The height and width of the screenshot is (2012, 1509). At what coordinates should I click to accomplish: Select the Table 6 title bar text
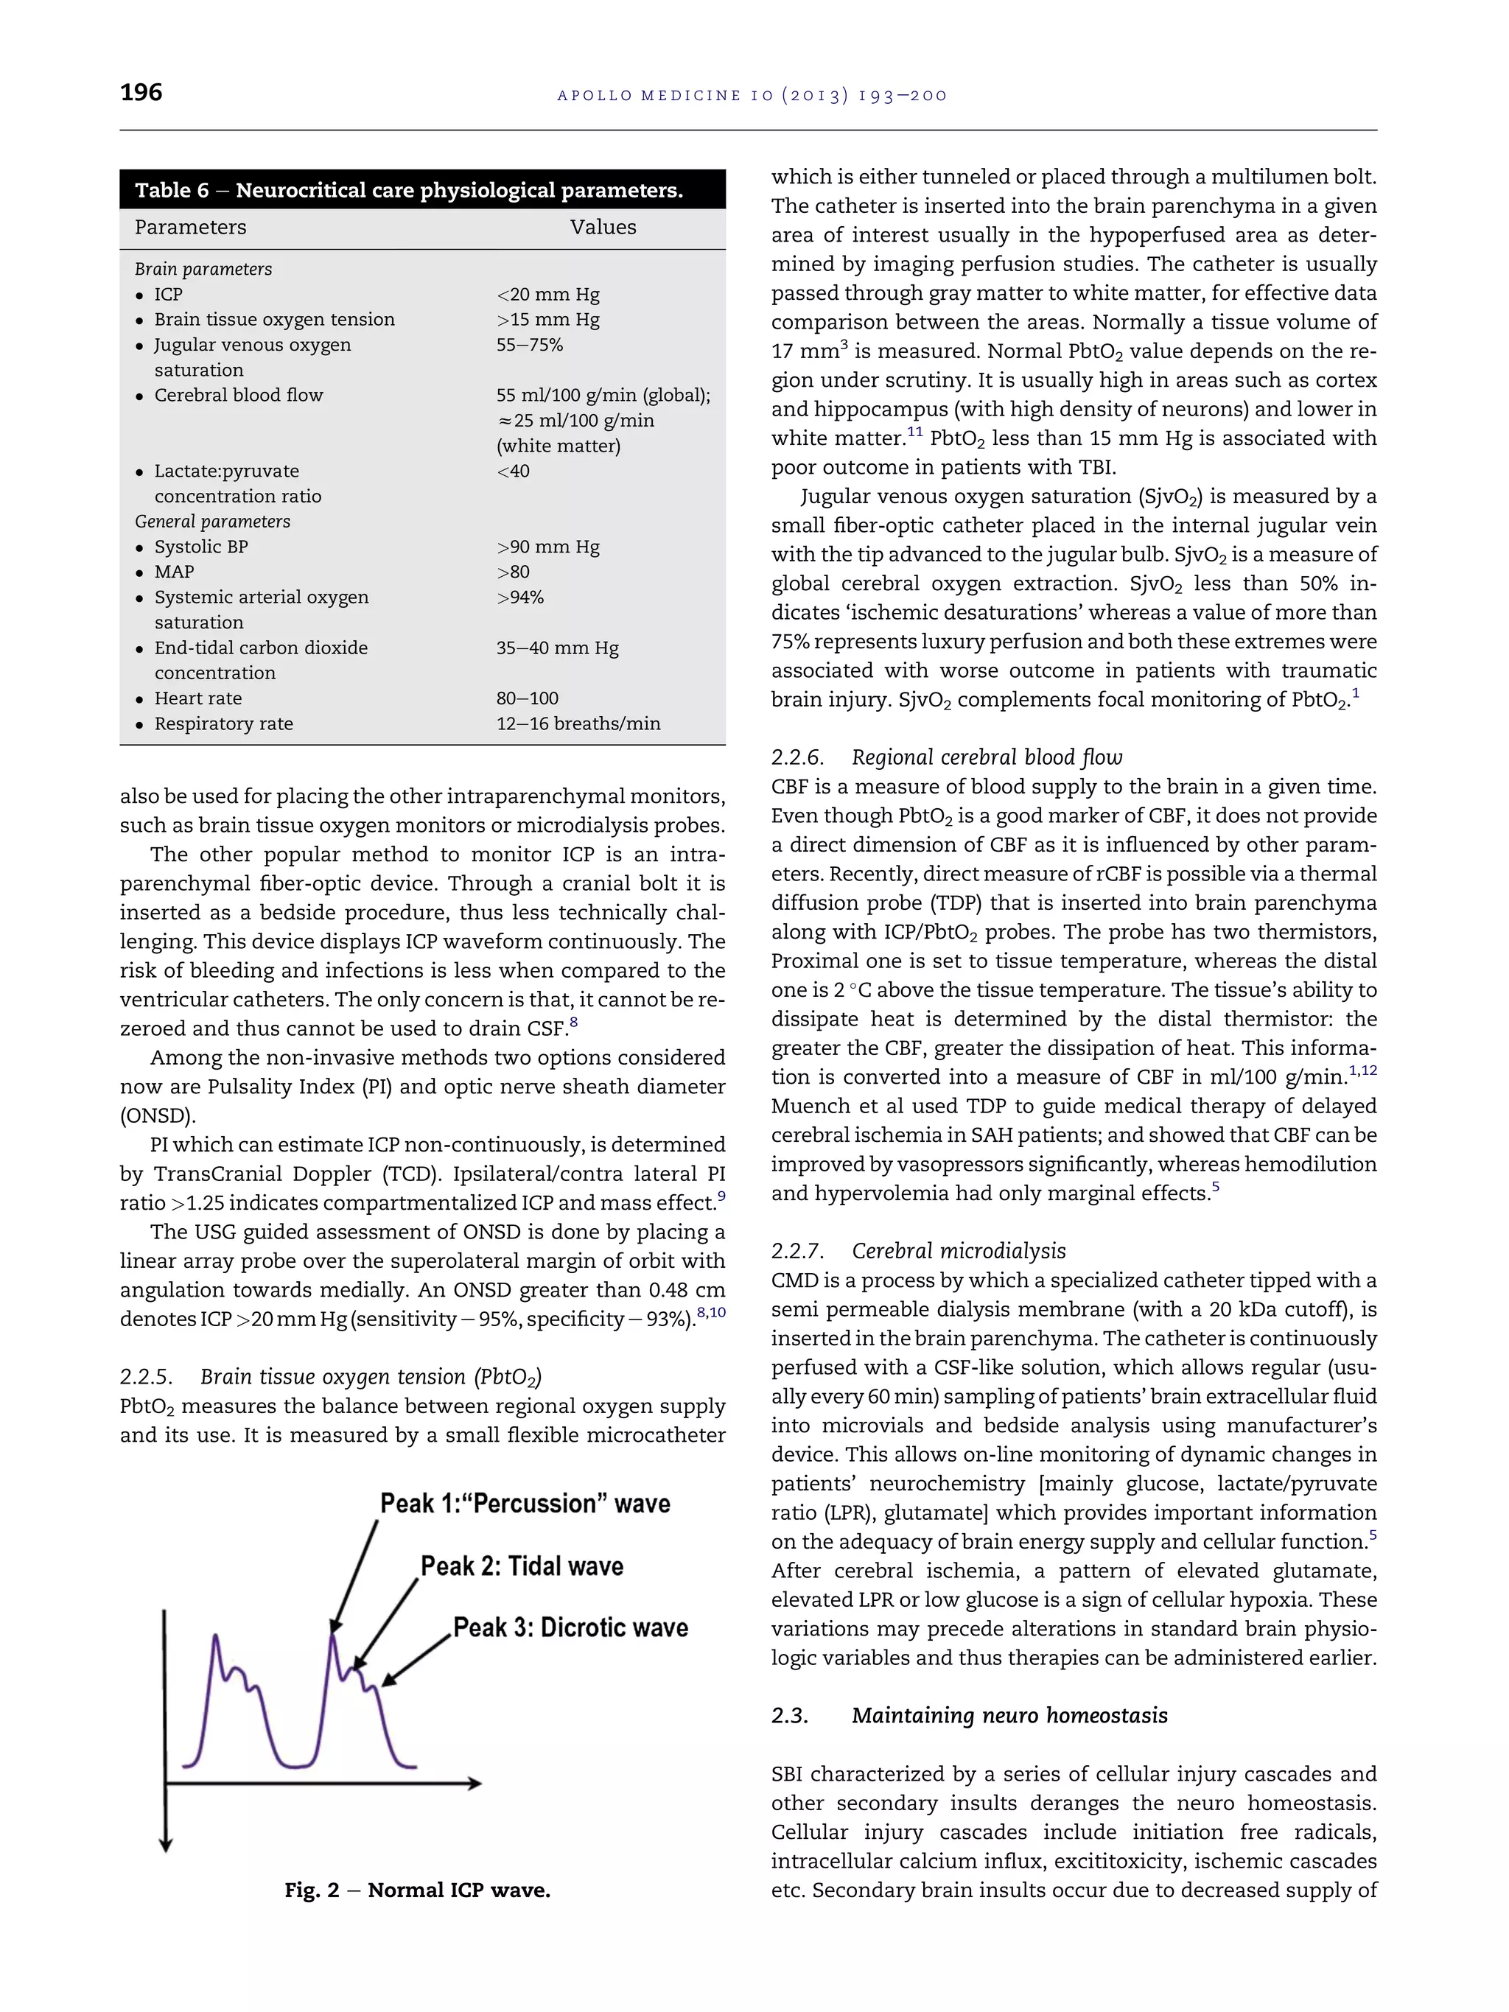pyautogui.click(x=408, y=190)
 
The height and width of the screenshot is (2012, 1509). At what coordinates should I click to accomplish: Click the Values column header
pyautogui.click(x=602, y=228)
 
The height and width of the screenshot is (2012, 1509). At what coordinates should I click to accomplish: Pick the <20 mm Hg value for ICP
pyautogui.click(x=547, y=295)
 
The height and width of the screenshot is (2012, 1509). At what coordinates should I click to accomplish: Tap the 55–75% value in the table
pyautogui.click(x=529, y=345)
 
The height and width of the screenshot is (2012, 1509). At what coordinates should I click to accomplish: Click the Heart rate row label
pyautogui.click(x=197, y=698)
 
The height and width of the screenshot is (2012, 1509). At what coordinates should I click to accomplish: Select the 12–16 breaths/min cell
pyautogui.click(x=578, y=724)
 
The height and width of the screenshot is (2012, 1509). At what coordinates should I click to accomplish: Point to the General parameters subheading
pyautogui.click(x=212, y=521)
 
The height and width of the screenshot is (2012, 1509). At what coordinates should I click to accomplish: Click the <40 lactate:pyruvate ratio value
pyautogui.click(x=513, y=472)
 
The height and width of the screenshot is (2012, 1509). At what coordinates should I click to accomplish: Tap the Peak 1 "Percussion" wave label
pyautogui.click(x=525, y=1503)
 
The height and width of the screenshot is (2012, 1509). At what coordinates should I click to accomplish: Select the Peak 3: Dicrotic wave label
pyautogui.click(x=570, y=1627)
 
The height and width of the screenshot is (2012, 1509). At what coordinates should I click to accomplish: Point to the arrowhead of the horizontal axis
pyautogui.click(x=475, y=1784)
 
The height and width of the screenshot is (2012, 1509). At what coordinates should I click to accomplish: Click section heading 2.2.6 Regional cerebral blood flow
pyautogui.click(x=946, y=757)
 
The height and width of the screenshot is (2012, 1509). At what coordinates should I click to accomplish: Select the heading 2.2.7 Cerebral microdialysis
pyautogui.click(x=918, y=1251)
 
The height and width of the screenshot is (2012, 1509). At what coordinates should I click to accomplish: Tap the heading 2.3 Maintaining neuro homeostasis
pyautogui.click(x=969, y=1716)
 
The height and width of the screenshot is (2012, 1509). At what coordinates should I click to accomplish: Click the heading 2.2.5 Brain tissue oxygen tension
pyautogui.click(x=330, y=1377)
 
